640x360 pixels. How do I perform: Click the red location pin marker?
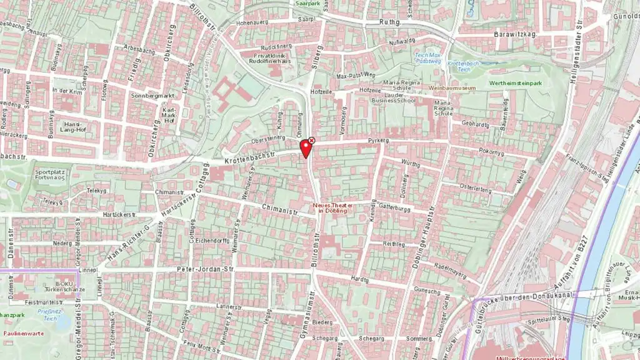click(306, 148)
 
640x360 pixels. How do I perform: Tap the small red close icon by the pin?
click(312, 141)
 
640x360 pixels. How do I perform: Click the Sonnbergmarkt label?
click(152, 96)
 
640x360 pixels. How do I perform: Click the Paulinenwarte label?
click(22, 334)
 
